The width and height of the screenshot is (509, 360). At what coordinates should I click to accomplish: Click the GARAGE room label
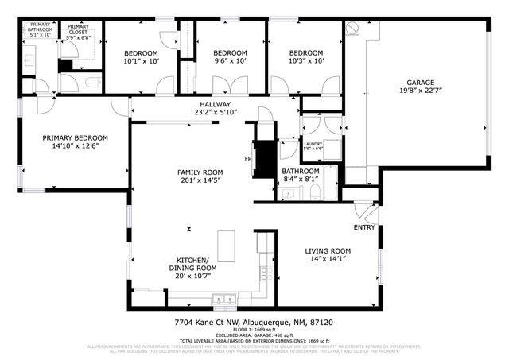pos(421,82)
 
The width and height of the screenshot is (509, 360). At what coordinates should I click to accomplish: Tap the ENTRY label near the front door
pos(364,227)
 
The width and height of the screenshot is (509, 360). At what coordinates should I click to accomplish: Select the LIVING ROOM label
pos(328,251)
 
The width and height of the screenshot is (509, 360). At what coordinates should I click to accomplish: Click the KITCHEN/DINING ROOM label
pos(192,264)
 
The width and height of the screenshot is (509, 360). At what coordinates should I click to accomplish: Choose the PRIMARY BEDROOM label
pos(75,137)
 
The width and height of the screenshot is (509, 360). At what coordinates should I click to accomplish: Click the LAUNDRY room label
pos(313,144)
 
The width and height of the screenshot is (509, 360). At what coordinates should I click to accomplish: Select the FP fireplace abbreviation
pos(247,159)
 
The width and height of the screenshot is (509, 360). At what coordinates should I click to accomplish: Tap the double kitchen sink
pos(223,300)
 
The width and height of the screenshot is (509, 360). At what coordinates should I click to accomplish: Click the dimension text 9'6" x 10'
pos(231,61)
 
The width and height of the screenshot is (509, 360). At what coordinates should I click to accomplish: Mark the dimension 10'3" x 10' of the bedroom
pos(306,61)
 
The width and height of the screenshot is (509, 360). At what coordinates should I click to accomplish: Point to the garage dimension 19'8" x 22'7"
pos(421,91)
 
